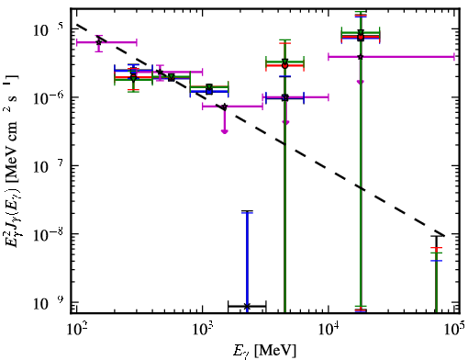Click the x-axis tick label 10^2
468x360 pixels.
click(77, 329)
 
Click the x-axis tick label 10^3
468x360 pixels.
click(203, 329)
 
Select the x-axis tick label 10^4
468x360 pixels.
click(329, 329)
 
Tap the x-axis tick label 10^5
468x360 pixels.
click(454, 329)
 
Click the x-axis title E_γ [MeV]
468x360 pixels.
click(264, 351)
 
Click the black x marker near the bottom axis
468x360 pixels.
click(247, 306)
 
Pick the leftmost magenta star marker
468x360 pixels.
click(98, 42)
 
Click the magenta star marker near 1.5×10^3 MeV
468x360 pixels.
click(225, 107)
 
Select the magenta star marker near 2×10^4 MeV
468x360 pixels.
click(361, 57)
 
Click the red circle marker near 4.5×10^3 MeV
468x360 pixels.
click(285, 65)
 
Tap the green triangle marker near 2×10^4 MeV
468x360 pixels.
click(361, 32)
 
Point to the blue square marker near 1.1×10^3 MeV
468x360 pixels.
click(209, 91)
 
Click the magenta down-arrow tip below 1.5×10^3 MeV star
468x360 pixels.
click(225, 132)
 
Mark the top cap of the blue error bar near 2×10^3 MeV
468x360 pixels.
click(247, 212)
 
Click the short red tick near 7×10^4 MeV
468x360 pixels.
click(437, 247)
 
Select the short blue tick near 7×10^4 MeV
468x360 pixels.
click(437, 261)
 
